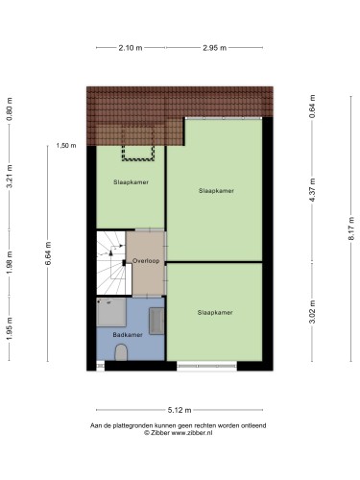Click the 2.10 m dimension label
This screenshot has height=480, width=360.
tap(131, 48)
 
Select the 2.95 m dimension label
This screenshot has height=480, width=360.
tap(214, 48)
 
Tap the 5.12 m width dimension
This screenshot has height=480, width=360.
tap(180, 410)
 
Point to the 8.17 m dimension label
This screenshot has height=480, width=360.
tap(351, 228)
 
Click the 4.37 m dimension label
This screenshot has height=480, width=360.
tap(313, 190)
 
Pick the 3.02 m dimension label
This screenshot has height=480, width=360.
tap(313, 312)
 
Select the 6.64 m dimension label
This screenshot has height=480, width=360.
tap(48, 253)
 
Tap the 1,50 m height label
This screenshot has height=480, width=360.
tap(66, 146)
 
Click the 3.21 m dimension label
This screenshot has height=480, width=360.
tap(10, 177)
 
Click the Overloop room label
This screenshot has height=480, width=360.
tap(146, 261)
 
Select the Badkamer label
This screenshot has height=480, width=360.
tap(128, 335)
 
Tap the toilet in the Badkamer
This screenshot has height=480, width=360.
tap(121, 352)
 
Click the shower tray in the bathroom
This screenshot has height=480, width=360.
tap(111, 313)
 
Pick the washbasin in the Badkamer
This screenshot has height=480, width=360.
tap(156, 321)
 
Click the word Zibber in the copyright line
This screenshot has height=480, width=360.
tap(160, 433)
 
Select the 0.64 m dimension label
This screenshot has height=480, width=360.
tap(313, 107)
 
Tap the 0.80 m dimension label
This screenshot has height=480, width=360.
tap(10, 109)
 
